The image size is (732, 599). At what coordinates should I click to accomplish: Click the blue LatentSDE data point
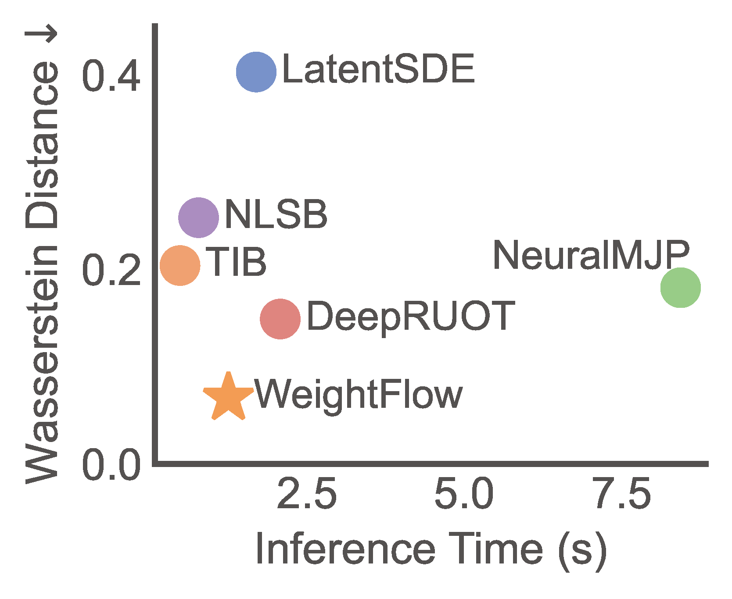(x=256, y=72)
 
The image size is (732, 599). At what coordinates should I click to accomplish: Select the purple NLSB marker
(x=198, y=217)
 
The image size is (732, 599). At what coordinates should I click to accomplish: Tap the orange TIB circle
(x=180, y=265)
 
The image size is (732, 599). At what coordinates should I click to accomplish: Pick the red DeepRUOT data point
(x=280, y=319)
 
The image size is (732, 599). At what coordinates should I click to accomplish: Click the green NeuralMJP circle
(x=680, y=288)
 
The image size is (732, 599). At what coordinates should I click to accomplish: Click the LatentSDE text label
(x=378, y=69)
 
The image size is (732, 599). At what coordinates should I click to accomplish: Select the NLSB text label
(x=276, y=214)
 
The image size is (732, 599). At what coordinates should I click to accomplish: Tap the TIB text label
(x=237, y=262)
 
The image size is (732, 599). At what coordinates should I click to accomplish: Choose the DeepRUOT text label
(x=410, y=316)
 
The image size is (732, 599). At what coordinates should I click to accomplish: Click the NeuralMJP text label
(x=591, y=255)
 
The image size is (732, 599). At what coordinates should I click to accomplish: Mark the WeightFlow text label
(x=359, y=395)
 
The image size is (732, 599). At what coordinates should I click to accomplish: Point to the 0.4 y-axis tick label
(x=111, y=78)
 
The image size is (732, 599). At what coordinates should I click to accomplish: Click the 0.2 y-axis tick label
(x=111, y=271)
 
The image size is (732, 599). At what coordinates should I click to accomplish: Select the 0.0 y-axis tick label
(x=111, y=466)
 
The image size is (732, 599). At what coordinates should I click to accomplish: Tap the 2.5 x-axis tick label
(x=307, y=494)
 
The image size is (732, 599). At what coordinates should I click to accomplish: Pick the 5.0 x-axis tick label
(x=464, y=494)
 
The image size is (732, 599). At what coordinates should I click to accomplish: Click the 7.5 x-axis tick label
(x=621, y=494)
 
